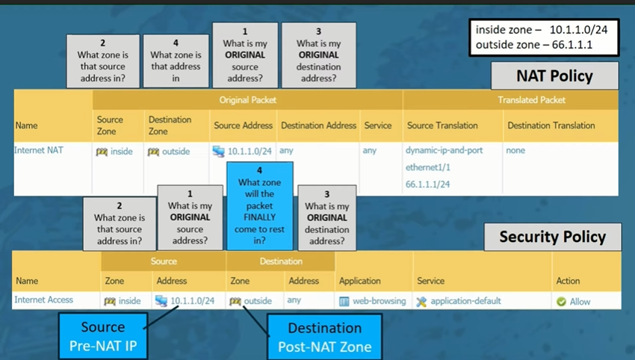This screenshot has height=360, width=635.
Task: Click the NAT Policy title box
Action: (x=554, y=76)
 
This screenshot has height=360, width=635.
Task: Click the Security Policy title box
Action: (x=552, y=238)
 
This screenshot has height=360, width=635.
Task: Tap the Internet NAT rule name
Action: (x=39, y=150)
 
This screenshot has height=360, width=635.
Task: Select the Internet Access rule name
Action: (x=44, y=300)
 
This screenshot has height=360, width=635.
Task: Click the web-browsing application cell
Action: (x=373, y=301)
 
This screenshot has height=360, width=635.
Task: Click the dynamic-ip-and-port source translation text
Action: (x=444, y=150)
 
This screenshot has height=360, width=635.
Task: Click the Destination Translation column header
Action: (x=551, y=125)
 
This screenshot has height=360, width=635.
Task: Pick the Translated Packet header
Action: (x=531, y=100)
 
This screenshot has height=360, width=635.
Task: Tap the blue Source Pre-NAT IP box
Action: (x=103, y=336)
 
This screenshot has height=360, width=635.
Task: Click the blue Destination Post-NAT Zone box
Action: (x=324, y=336)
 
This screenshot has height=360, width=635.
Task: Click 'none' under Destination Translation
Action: (x=515, y=150)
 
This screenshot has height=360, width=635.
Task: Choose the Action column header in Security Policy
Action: (x=568, y=281)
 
